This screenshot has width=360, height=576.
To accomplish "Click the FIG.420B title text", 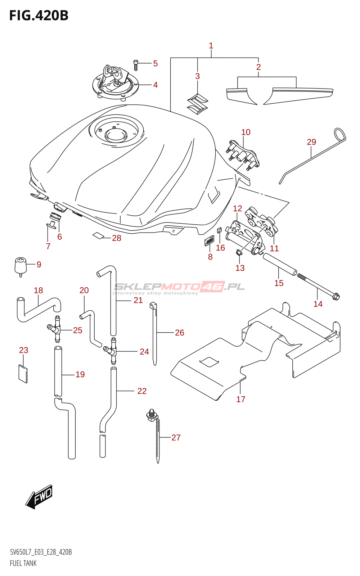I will tap(39, 16).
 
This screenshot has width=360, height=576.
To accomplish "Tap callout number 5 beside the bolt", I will tap(155, 64).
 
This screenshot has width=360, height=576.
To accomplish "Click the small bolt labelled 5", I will tap(136, 65).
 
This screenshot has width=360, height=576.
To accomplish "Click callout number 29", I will tap(311, 142).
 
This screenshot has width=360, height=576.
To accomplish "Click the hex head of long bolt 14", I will tap(336, 297).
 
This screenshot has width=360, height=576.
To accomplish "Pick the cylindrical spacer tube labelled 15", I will tap(280, 264).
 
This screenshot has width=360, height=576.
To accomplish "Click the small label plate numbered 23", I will tap(23, 374).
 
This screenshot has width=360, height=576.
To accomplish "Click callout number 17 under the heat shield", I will tap(241, 399).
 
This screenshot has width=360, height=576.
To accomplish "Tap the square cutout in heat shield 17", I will tap(209, 362).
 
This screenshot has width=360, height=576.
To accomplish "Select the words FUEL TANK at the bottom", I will tap(23, 563).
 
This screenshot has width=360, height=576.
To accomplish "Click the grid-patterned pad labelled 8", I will tap(209, 240).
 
